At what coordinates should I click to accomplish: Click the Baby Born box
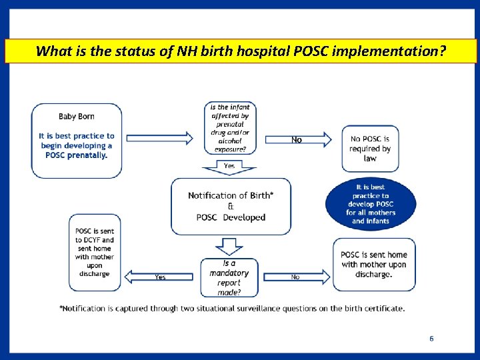tap(77, 140)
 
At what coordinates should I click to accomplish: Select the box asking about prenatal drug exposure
tap(229, 129)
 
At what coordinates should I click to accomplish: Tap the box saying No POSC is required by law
tap(370, 148)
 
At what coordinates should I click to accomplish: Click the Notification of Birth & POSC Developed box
tap(231, 206)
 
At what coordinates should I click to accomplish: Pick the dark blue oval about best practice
tap(371, 204)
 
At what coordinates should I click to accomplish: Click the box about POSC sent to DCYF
tap(94, 252)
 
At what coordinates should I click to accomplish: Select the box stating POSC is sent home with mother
tap(374, 265)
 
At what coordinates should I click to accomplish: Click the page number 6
tap(431, 339)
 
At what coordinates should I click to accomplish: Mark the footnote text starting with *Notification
tap(232, 308)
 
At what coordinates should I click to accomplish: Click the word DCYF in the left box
tap(89, 240)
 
